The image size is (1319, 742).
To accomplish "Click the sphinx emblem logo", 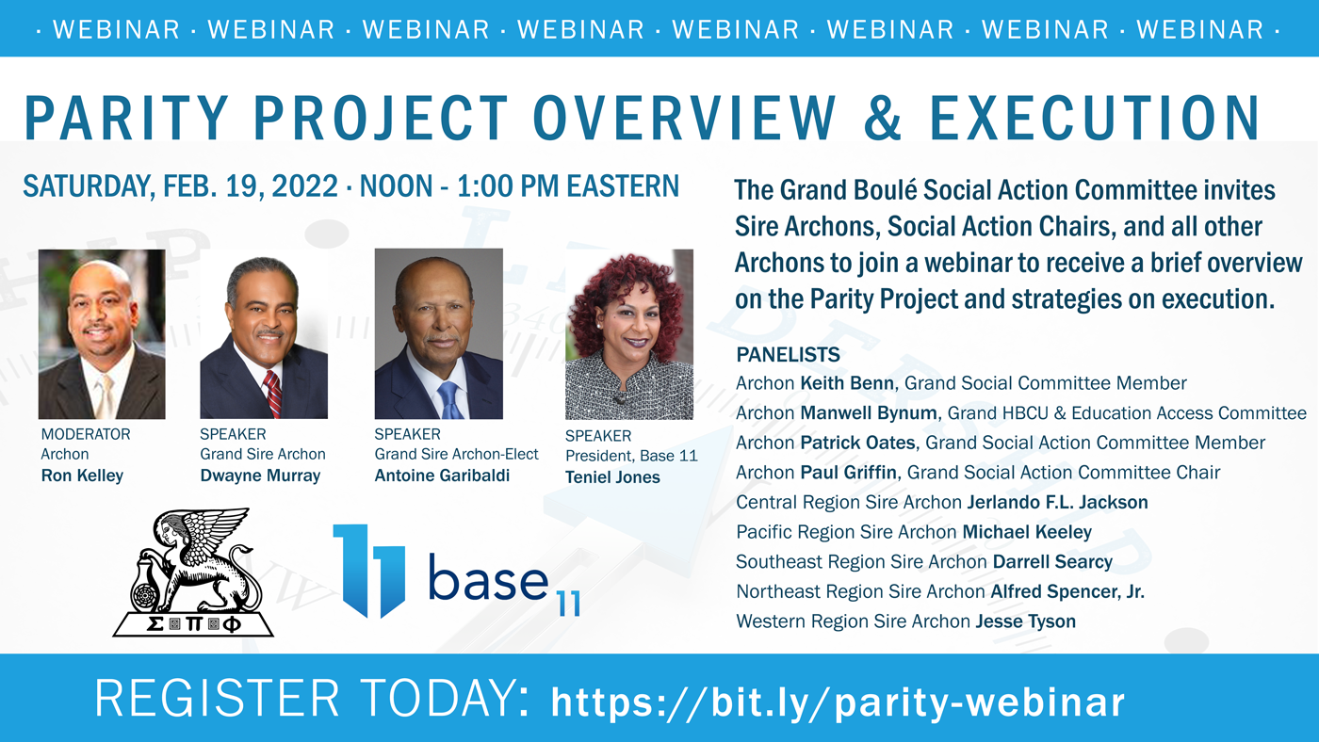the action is coord(193,572).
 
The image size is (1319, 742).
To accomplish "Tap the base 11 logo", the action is coord(457,571).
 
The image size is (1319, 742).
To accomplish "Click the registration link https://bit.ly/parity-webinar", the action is coord(838,702).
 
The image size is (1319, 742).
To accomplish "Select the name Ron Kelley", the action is coord(82,476).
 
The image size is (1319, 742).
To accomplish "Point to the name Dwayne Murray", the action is coord(260,476).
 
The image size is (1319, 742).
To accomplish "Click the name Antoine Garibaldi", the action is coord(442,476).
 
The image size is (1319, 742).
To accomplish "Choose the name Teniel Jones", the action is coord(612,477).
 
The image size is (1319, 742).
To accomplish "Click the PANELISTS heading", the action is coord(788,354).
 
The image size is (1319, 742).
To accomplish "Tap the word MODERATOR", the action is coord(86,434).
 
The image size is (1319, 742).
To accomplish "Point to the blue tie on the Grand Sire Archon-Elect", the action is coord(451,400).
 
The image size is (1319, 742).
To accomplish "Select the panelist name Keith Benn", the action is coord(847,383).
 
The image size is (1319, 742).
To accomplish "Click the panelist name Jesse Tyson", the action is coord(1026,621).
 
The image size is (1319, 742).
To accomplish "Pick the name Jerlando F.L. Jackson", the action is coord(1057,502).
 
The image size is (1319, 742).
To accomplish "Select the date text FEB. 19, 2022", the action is coord(251,185).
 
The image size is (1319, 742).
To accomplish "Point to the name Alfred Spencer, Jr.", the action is coord(1067,591).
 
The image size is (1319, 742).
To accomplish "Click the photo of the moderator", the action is coord(102,334).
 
